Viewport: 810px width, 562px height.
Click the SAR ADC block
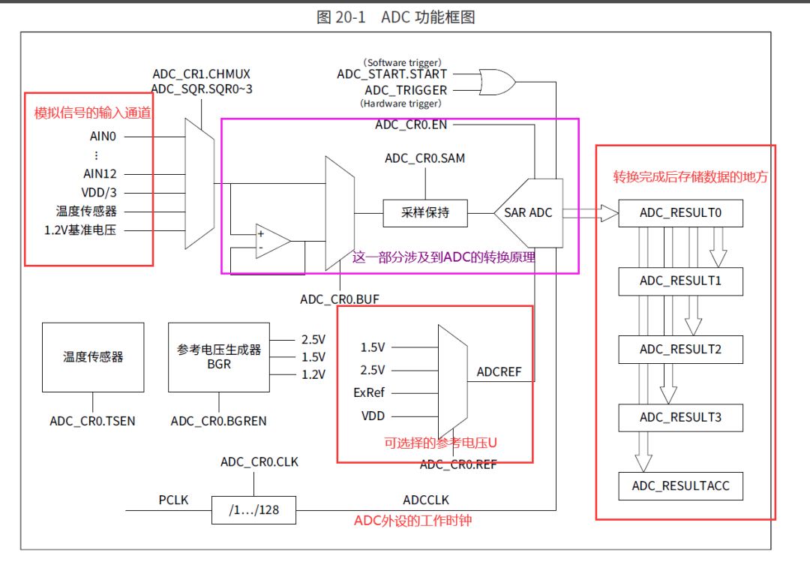click(x=528, y=213)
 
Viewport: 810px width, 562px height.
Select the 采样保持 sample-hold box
click(x=425, y=213)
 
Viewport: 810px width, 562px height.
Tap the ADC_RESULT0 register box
click(x=680, y=213)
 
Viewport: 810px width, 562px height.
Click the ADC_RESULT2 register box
click(x=680, y=350)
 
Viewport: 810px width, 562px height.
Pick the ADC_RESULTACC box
click(x=680, y=486)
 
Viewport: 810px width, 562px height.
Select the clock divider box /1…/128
click(x=253, y=510)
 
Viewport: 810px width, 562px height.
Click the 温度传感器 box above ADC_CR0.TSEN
click(x=93, y=357)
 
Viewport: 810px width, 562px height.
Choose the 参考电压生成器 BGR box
click(x=219, y=357)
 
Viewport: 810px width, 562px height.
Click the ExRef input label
click(x=369, y=393)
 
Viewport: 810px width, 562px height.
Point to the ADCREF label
click(x=499, y=372)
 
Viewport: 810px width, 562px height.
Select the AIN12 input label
click(x=100, y=173)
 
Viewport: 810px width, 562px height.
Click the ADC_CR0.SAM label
click(x=425, y=158)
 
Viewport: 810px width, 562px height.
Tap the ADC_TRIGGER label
click(x=406, y=90)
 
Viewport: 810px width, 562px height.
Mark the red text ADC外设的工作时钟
click(x=413, y=520)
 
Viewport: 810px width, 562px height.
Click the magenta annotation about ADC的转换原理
click(x=444, y=257)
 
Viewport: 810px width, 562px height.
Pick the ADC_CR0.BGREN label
click(x=218, y=421)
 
